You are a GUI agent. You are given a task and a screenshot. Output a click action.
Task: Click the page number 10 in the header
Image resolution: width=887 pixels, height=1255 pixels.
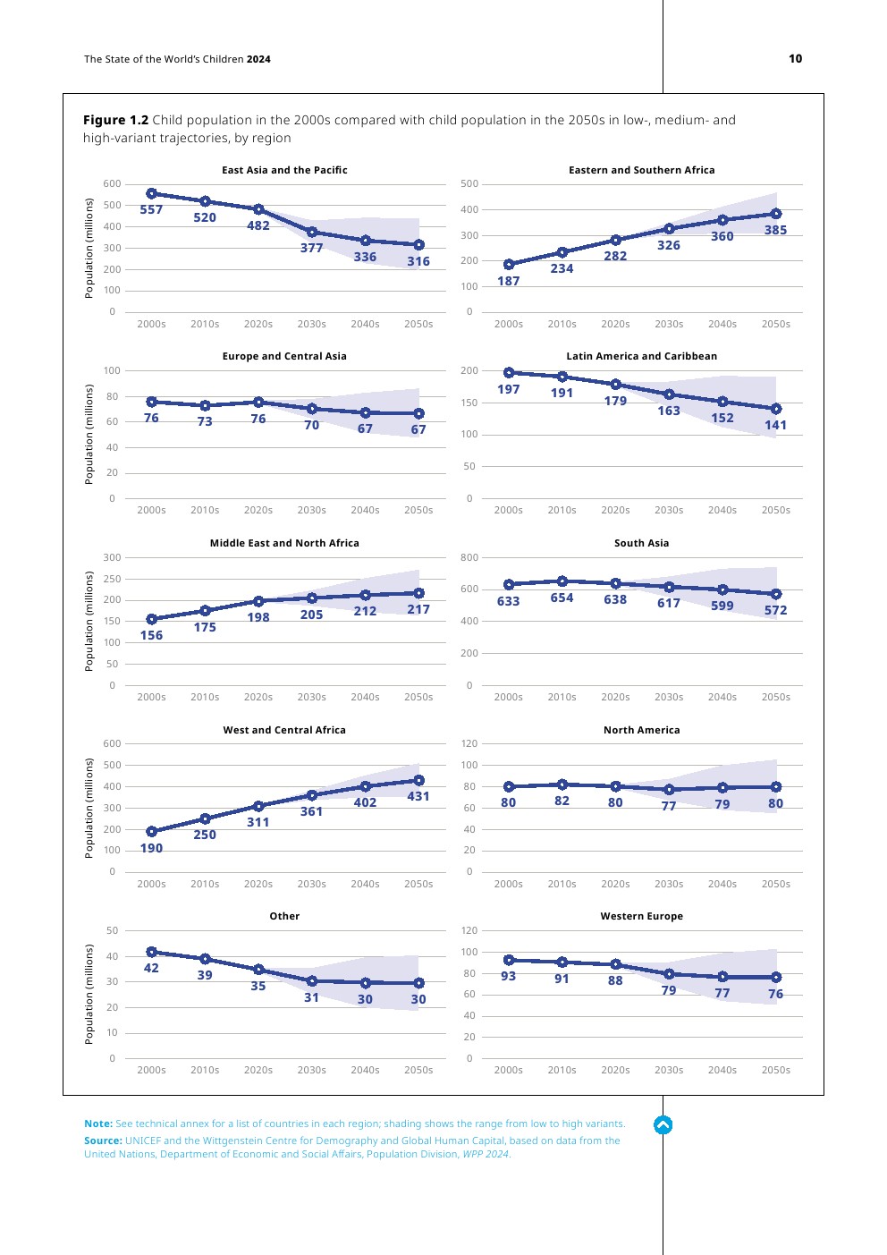click(795, 59)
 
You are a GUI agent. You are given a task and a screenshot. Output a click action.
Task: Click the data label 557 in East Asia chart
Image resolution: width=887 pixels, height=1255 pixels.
click(151, 210)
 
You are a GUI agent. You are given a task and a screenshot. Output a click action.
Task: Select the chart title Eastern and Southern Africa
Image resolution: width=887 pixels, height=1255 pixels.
click(641, 170)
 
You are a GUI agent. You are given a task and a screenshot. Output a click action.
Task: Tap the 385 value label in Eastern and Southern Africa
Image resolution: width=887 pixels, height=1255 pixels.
click(775, 231)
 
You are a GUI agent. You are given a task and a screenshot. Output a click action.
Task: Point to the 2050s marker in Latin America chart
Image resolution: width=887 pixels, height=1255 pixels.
click(776, 409)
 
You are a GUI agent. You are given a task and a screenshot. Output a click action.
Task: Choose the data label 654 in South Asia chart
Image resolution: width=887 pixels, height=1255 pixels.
click(562, 598)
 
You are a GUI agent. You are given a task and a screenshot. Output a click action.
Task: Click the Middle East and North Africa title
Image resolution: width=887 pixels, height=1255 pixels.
click(284, 543)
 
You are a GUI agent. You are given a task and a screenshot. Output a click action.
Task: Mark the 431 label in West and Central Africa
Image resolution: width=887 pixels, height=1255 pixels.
click(418, 797)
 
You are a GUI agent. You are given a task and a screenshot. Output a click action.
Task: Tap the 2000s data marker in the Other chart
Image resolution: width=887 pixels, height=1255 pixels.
click(151, 953)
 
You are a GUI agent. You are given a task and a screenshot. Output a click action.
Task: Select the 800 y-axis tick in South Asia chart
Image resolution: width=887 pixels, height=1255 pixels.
click(469, 557)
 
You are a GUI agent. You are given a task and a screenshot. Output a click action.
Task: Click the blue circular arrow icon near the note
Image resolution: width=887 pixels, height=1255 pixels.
click(663, 1125)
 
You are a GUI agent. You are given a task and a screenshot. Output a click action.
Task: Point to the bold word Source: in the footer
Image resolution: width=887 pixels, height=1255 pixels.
click(103, 1141)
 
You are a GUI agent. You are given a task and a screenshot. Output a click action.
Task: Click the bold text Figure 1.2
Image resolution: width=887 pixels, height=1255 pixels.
click(115, 120)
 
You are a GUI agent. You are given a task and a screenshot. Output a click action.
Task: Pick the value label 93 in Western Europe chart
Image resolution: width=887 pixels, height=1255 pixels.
click(508, 977)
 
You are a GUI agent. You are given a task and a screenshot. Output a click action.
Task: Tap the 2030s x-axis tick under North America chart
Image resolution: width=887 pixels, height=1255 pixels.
click(669, 884)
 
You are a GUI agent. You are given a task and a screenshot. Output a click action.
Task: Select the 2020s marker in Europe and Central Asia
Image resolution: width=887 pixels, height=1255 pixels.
click(258, 403)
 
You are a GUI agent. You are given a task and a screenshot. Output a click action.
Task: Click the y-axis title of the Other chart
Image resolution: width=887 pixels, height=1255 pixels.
click(89, 994)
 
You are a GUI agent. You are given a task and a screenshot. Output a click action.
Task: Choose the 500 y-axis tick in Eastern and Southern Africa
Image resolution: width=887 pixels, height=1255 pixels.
click(469, 184)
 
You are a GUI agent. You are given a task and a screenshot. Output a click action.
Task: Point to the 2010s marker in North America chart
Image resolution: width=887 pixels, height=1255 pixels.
click(562, 784)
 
